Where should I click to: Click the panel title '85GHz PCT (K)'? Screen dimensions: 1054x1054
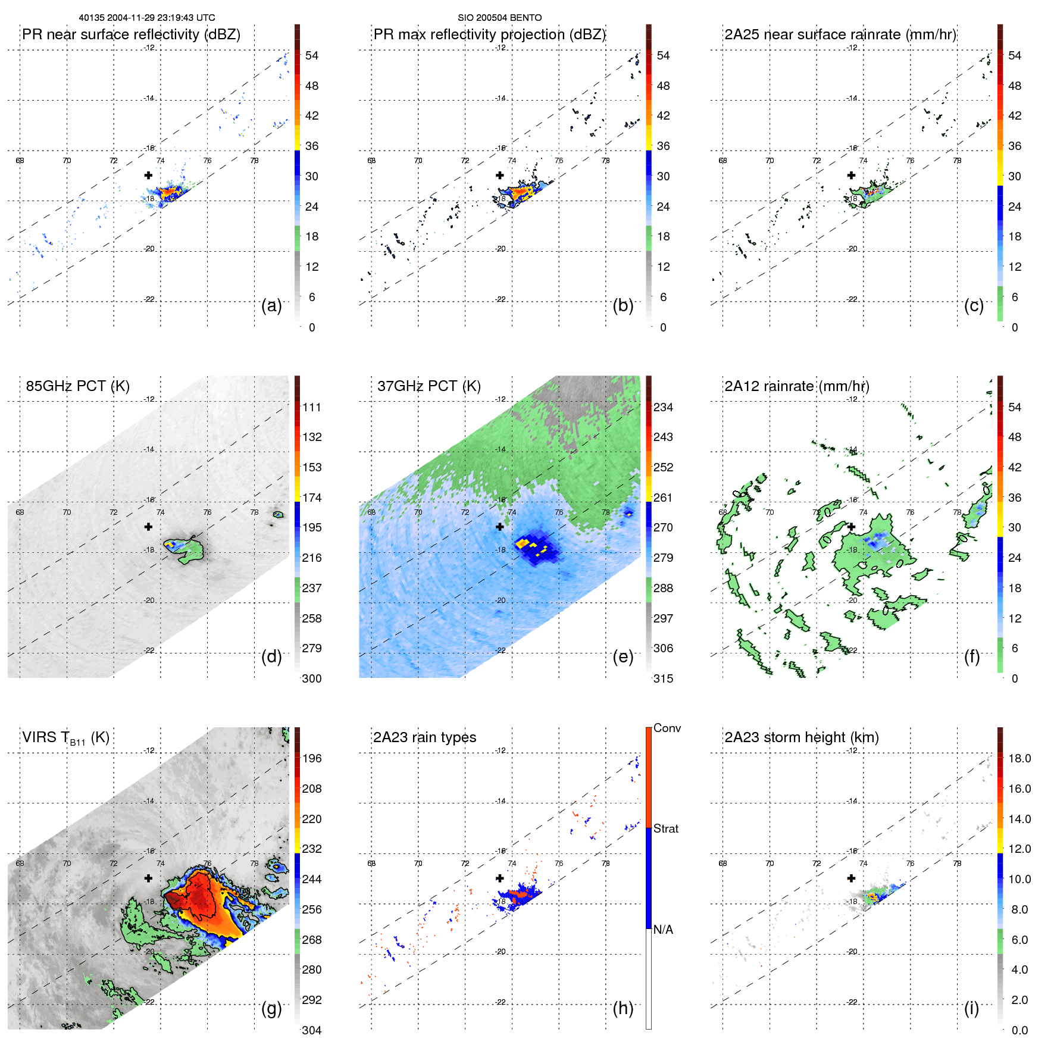tap(77, 386)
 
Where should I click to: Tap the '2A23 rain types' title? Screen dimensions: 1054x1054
tap(424, 737)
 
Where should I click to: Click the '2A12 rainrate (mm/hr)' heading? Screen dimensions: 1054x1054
tap(797, 386)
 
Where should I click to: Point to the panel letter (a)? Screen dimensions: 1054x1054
tap(271, 305)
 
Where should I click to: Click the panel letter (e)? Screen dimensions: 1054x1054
tap(623, 656)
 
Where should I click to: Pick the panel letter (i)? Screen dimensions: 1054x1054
tap(971, 1008)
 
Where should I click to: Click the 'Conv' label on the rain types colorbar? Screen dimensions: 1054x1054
tap(667, 728)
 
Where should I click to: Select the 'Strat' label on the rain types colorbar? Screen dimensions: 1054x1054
tap(666, 829)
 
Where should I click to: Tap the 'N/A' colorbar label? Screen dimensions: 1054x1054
tap(663, 930)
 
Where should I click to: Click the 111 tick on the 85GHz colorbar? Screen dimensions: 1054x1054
tap(312, 408)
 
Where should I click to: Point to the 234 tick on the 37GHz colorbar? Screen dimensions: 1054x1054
tap(663, 408)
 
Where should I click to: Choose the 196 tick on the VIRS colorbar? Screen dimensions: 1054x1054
tap(312, 759)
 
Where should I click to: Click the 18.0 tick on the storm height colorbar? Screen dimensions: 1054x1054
tap(1019, 759)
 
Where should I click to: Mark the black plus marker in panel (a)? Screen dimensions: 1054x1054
tap(148, 176)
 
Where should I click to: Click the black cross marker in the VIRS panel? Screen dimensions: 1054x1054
tap(148, 878)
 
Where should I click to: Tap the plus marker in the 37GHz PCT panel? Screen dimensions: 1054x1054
tap(500, 527)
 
